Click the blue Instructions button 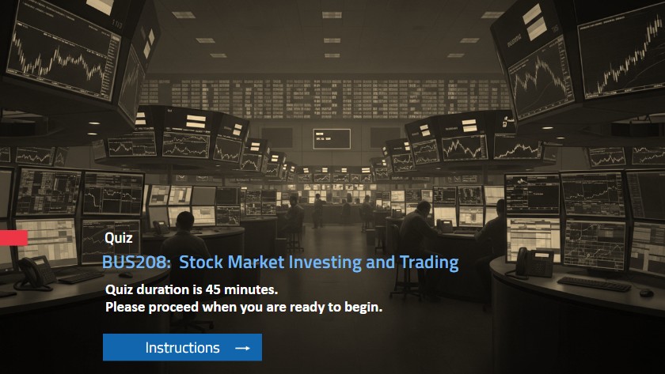pyautogui.click(x=182, y=347)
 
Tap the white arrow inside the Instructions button pyautogui.click(x=242, y=348)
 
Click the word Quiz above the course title pyautogui.click(x=118, y=237)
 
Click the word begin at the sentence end pyautogui.click(x=363, y=308)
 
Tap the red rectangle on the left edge pyautogui.click(x=13, y=238)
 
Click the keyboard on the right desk pyautogui.click(x=593, y=282)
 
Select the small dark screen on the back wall pyautogui.click(x=331, y=138)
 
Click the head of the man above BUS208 pyautogui.click(x=184, y=219)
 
